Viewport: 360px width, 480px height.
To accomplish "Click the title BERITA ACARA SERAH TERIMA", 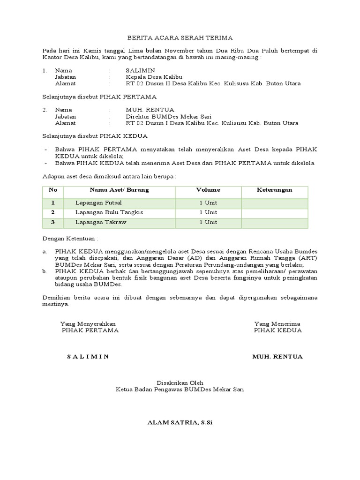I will tap(180, 37).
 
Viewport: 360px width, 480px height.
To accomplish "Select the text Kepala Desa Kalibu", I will tap(154, 77).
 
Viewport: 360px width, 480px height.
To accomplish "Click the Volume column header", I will tap(208, 190).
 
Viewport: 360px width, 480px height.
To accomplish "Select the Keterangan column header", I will tap(275, 190).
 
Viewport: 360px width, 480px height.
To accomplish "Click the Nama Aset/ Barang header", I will tap(119, 190).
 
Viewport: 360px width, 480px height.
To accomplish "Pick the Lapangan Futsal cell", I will tap(98, 203).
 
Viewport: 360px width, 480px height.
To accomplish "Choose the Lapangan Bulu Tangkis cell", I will tap(109, 212).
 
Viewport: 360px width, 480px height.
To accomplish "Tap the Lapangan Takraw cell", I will tap(101, 222).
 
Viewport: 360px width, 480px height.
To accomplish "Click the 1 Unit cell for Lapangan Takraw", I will tap(208, 222).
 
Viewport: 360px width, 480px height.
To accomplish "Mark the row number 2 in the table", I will tap(53, 212).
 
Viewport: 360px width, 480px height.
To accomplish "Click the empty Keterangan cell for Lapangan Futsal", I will tap(275, 203).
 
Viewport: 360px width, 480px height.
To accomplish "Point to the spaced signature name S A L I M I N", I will tap(88, 356).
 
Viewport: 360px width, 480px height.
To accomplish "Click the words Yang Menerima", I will tap(277, 324).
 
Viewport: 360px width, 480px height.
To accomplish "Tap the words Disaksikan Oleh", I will tap(180, 382).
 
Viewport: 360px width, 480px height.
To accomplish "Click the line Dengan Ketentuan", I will tap(71, 239).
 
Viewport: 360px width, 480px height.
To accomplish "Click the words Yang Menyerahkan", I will tap(88, 324).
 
